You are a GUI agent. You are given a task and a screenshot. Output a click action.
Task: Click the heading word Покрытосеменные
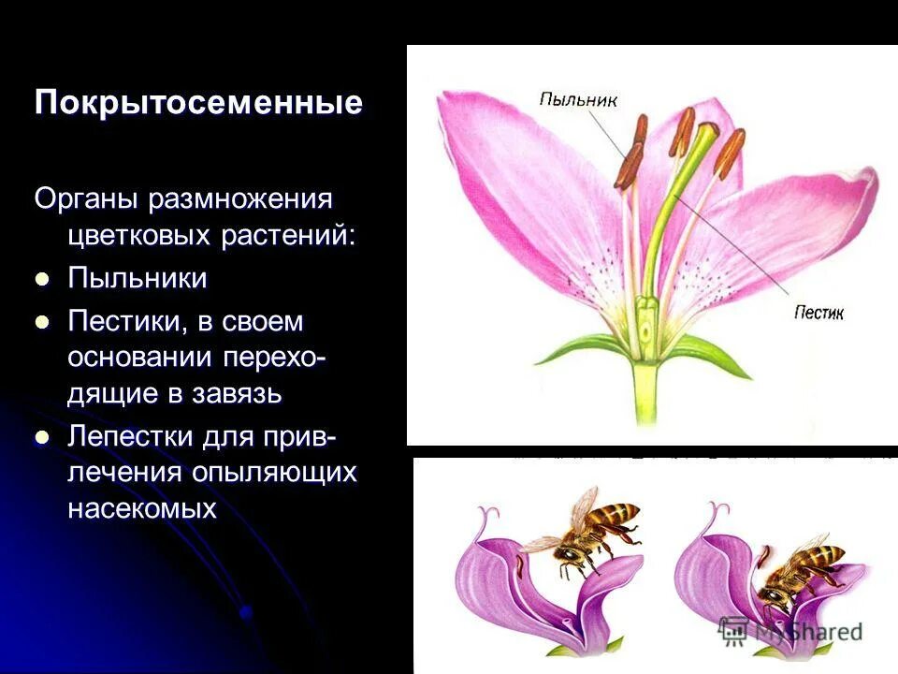pyautogui.click(x=198, y=102)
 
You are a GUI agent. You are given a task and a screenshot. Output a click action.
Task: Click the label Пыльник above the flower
pyautogui.click(x=578, y=99)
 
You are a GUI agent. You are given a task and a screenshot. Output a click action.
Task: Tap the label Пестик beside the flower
pyautogui.click(x=818, y=313)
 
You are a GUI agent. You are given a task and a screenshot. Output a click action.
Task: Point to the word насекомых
pyautogui.click(x=141, y=508)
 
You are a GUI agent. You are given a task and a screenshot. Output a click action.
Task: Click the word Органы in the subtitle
pyautogui.click(x=84, y=198)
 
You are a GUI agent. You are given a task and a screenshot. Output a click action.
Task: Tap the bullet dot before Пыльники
pyautogui.click(x=41, y=279)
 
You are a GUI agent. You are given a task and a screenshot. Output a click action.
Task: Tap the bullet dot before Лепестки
pyautogui.click(x=41, y=437)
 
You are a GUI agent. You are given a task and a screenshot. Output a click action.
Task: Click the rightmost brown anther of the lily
pyautogui.click(x=731, y=152)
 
